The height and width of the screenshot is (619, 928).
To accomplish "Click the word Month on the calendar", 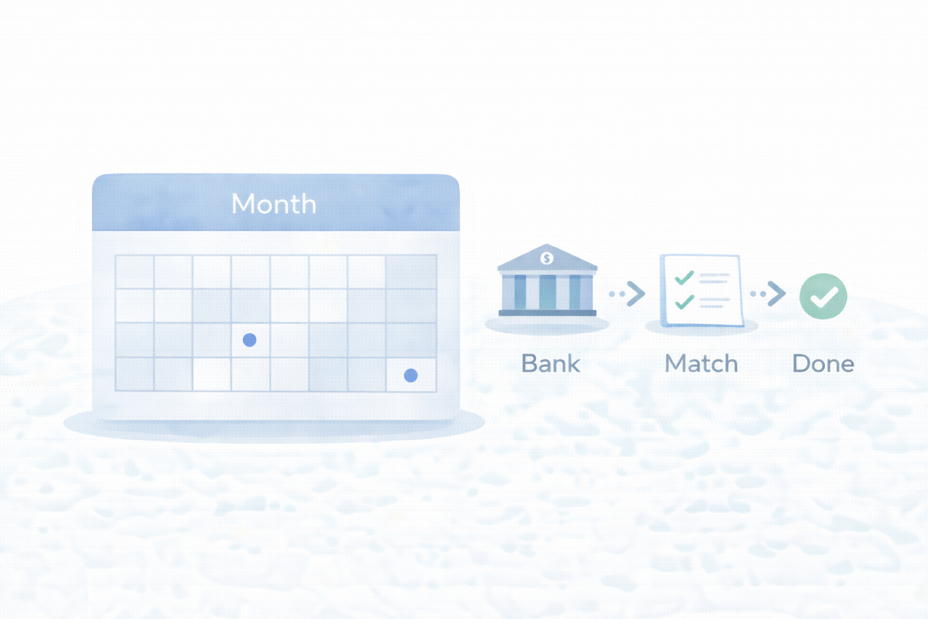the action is point(274,204).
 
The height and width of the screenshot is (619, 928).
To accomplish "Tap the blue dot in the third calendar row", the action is point(250,340).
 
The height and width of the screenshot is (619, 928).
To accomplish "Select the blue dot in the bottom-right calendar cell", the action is point(411,375).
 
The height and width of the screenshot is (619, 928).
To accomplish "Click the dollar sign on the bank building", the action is point(547,258).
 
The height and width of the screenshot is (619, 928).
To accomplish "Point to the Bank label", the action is point(550,364).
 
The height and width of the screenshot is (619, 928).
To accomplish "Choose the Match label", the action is point(701,364).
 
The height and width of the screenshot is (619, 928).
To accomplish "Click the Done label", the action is point(823,364).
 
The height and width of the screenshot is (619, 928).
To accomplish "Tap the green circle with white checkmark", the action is point(823,296).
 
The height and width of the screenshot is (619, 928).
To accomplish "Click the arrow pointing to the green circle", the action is point(768,294).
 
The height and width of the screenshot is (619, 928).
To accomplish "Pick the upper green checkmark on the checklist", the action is point(684,277).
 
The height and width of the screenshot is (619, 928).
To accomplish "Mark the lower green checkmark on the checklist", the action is point(684,302).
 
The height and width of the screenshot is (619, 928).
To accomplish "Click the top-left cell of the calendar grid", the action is point(135,272).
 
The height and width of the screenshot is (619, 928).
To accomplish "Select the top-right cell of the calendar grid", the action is point(411,272).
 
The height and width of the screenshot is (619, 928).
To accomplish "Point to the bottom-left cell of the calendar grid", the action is point(135,374).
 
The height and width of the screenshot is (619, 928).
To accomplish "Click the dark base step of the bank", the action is point(547,313).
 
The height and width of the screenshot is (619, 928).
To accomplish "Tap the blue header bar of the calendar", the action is point(275,203).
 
